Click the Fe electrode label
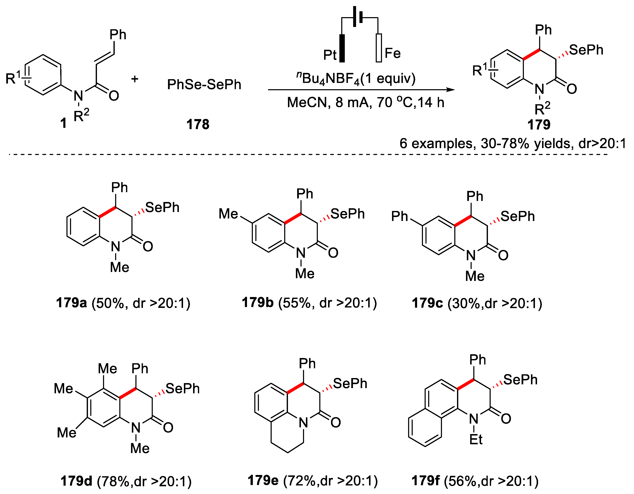click(x=392, y=53)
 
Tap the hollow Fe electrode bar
click(x=379, y=48)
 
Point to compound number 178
click(x=198, y=124)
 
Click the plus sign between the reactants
click(x=135, y=79)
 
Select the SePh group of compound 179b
click(x=348, y=214)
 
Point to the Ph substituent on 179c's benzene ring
click(x=400, y=217)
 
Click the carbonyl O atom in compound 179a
click(x=148, y=247)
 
